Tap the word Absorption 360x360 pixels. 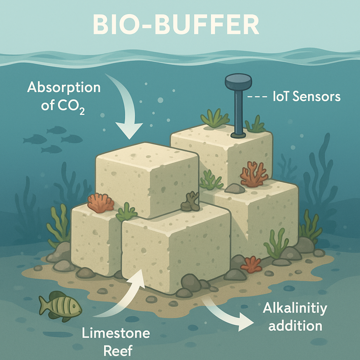tap(64, 88)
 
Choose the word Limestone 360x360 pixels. tap(116, 333)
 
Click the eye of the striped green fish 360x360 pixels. tap(74, 306)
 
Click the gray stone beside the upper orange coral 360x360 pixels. tap(235, 188)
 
